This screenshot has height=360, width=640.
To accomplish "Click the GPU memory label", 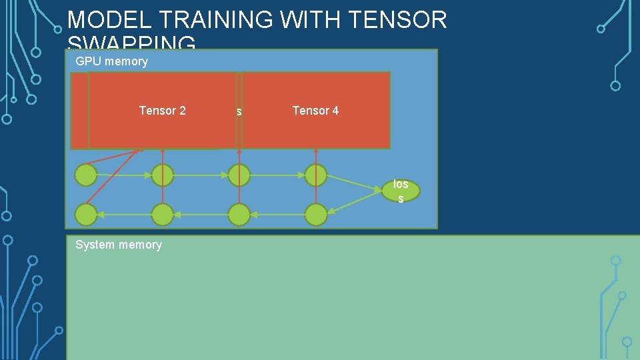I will (111, 61).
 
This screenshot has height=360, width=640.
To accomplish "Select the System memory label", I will (119, 245).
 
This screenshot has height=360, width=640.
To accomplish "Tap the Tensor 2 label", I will (162, 111).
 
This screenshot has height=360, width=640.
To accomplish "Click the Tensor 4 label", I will (315, 111).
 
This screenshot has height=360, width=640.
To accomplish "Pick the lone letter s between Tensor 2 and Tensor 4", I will (239, 111).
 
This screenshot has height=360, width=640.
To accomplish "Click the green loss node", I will (401, 191).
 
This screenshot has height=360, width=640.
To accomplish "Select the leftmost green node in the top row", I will (86, 175).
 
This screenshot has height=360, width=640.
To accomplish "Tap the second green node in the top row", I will (162, 175).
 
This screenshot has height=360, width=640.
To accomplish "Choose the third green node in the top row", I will (239, 175).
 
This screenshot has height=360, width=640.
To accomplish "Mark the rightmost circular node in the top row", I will (316, 175).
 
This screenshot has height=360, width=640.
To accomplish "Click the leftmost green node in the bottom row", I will (86, 215).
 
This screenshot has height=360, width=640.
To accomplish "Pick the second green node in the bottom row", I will (162, 215).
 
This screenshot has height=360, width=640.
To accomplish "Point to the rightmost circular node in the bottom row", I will (316, 215).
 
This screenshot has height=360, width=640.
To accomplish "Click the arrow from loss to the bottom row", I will (357, 205).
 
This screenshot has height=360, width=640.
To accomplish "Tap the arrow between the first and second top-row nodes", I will (124, 175).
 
